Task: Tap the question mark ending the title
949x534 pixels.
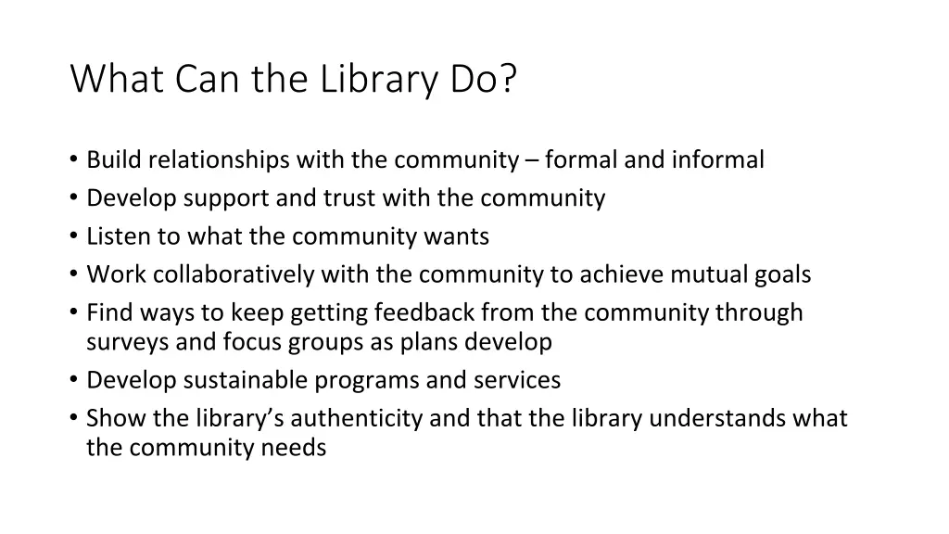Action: (x=509, y=80)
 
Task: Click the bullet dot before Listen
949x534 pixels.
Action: (x=73, y=236)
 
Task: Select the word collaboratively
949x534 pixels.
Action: (x=234, y=274)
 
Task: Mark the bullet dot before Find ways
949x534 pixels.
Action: (x=73, y=312)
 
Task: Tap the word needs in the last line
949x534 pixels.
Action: (x=296, y=448)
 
